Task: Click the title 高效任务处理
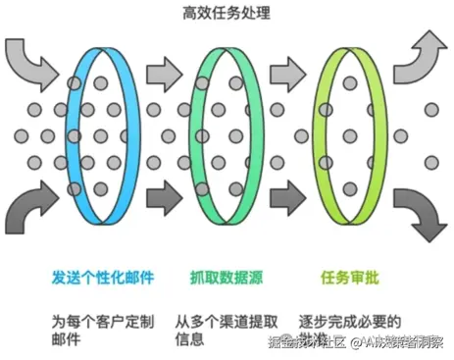point(227,14)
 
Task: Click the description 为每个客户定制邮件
point(102,330)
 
